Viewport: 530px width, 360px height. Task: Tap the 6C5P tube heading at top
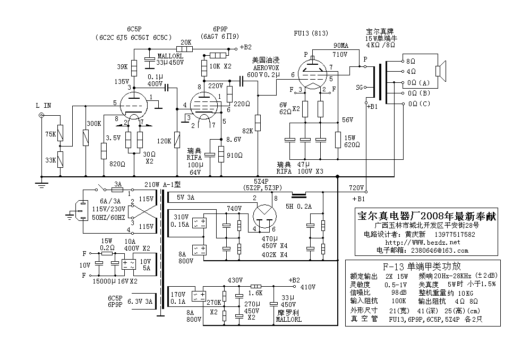pyautogui.click(x=134, y=29)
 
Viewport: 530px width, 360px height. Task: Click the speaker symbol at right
pyautogui.click(x=440, y=71)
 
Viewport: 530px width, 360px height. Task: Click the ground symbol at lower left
pyautogui.click(x=42, y=183)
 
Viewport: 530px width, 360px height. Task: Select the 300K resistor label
pyautogui.click(x=93, y=123)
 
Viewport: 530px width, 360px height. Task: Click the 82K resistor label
pyautogui.click(x=247, y=130)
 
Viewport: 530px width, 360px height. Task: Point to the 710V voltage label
pyautogui.click(x=339, y=55)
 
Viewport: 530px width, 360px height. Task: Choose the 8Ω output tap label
pyautogui.click(x=411, y=62)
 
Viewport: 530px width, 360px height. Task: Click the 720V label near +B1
pyautogui.click(x=356, y=188)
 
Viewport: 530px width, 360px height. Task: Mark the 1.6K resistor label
pyautogui.click(x=256, y=293)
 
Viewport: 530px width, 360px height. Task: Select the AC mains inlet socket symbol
pyautogui.click(x=82, y=210)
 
